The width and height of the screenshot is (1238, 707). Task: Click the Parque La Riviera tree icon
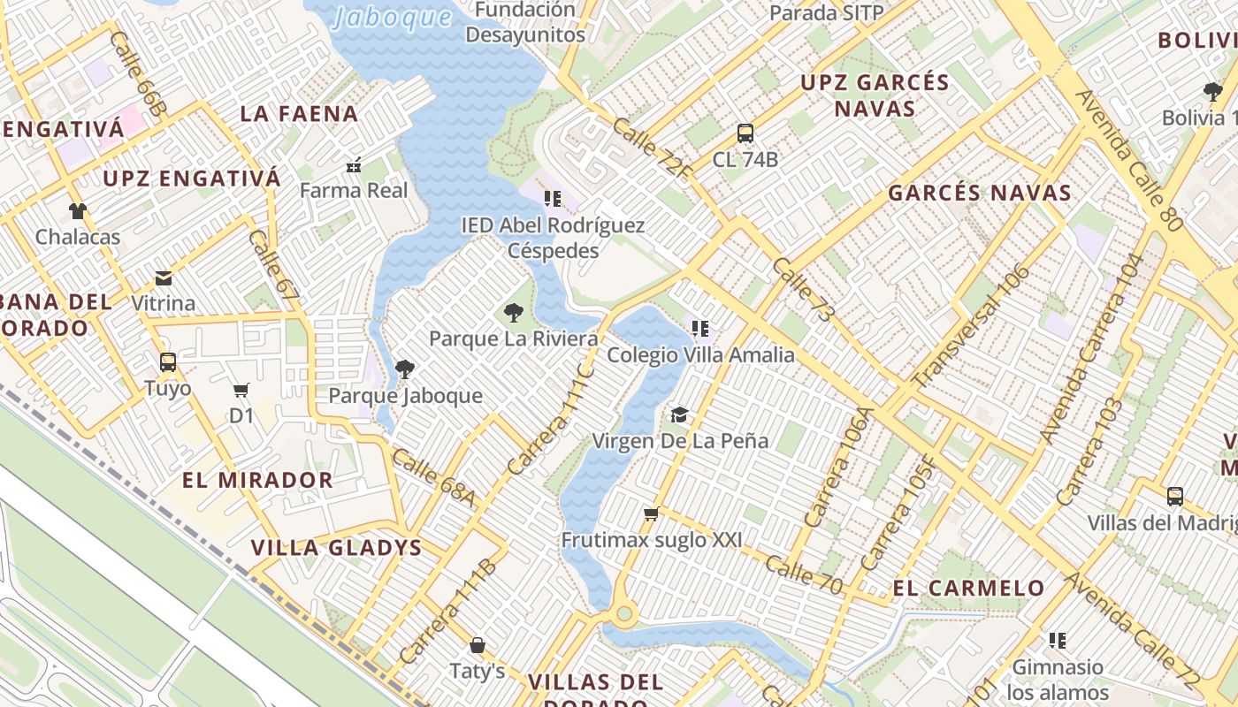pos(513,312)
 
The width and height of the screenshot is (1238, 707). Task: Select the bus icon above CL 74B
pos(745,133)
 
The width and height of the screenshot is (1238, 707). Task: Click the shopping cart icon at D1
pos(241,390)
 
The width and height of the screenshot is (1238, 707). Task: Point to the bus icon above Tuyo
pos(167,361)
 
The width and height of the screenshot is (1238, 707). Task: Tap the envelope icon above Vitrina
pos(164,278)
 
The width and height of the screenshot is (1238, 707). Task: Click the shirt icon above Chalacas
pos(78,211)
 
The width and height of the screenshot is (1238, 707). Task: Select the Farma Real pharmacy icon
pos(354,165)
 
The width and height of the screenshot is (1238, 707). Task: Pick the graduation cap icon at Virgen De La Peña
pos(679,414)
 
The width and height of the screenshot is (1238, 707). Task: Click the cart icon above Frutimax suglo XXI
pos(652,513)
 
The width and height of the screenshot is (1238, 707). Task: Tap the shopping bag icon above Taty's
pos(478,645)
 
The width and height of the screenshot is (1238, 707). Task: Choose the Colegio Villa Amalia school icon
pos(700,330)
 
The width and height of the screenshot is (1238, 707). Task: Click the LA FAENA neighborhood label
pos(299,113)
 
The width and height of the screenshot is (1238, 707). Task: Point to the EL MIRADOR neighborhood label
pos(257,480)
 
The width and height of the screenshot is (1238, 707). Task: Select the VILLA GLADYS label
pos(337,547)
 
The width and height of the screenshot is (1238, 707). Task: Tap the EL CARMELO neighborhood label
pos(968,588)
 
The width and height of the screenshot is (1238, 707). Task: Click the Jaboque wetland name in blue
pos(393,18)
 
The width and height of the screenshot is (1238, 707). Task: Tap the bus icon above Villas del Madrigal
pos(1174,497)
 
